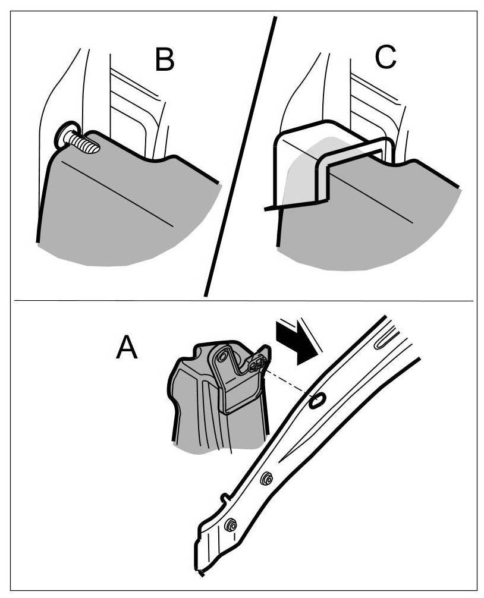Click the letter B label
point(164,59)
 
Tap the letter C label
point(385,57)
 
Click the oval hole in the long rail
point(317,400)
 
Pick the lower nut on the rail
point(231,525)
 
